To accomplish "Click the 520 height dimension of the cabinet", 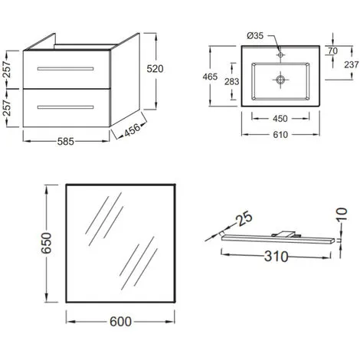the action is [155, 69].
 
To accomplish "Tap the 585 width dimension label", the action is [66, 142].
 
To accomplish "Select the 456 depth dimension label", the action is [133, 129].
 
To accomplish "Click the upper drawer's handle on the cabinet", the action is [65, 69].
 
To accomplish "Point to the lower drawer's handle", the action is [65, 107].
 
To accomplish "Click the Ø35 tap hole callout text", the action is [255, 36].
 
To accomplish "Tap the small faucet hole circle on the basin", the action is [280, 54].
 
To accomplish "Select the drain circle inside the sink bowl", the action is [280, 80].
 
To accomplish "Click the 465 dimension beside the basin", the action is [210, 77].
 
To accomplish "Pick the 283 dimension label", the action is [232, 82].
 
